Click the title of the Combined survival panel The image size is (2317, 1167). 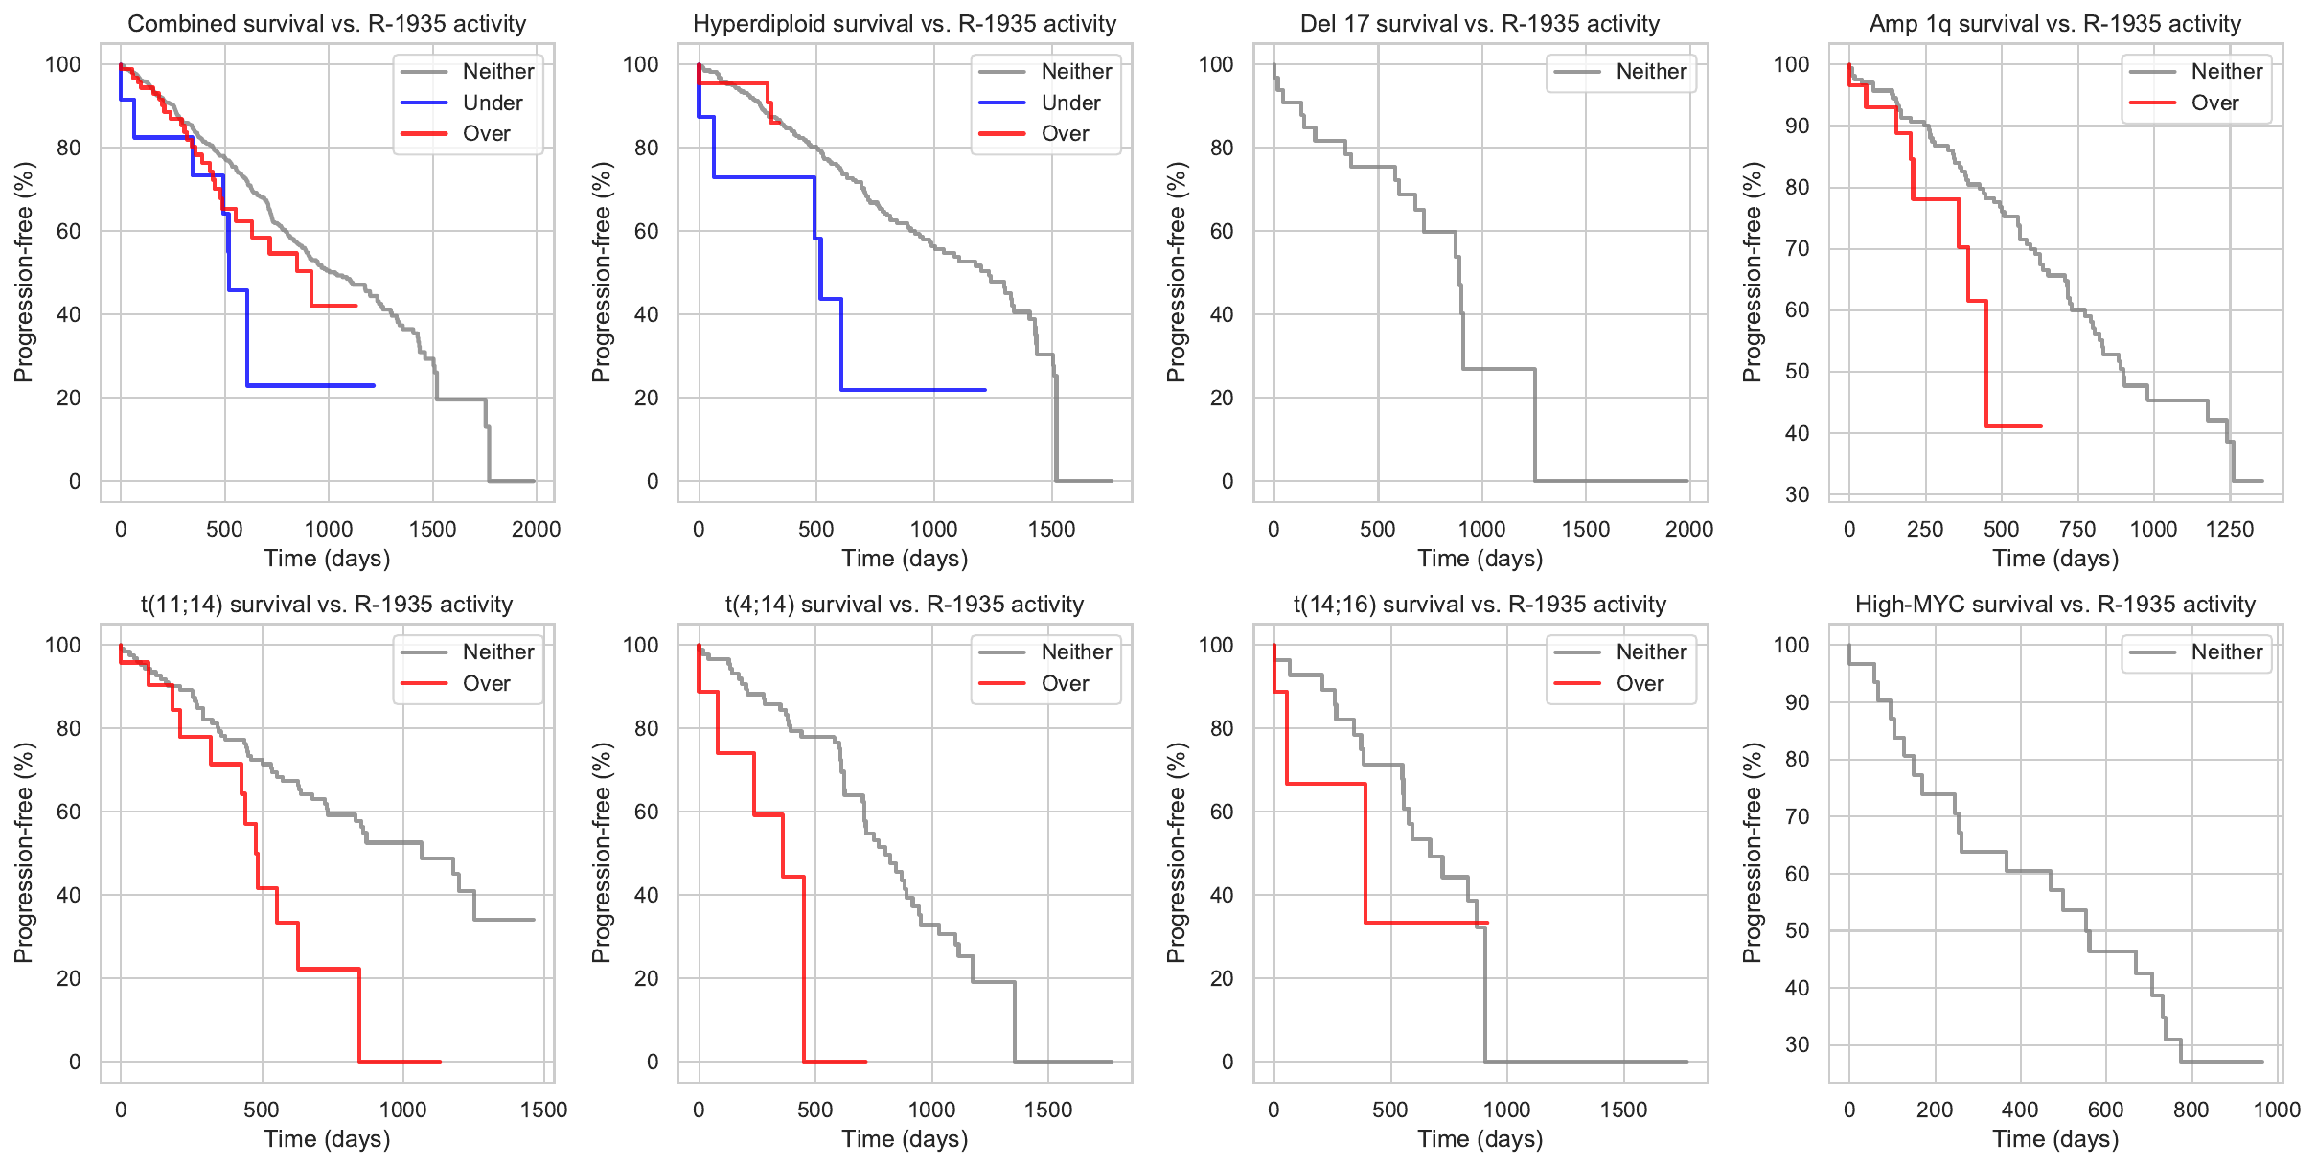(327, 24)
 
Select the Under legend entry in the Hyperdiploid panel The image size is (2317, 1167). (1070, 103)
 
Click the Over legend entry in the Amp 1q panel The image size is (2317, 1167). (2214, 103)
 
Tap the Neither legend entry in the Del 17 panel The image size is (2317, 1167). (1651, 71)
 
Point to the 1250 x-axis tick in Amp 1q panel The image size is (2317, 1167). (2230, 529)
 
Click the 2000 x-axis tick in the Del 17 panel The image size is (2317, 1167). (1689, 529)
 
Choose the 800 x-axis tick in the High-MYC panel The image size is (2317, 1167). (2191, 1110)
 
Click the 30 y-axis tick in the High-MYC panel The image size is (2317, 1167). (1798, 1044)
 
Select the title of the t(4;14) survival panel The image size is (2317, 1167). (905, 605)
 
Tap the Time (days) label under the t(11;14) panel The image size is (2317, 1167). (327, 1139)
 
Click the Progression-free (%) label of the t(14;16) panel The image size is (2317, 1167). (1177, 853)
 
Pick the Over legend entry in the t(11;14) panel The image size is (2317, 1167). (486, 683)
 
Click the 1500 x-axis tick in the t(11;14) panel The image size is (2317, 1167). (544, 1110)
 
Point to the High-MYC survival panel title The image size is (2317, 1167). (2055, 605)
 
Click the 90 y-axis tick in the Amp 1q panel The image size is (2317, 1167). (1798, 126)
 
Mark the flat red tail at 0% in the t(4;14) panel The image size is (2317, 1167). (834, 1062)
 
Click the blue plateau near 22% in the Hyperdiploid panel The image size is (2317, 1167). (910, 390)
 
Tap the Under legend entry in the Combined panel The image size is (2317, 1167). (493, 103)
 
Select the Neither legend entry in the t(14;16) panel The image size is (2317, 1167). (1651, 652)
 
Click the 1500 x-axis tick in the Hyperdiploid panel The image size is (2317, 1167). (1051, 529)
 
